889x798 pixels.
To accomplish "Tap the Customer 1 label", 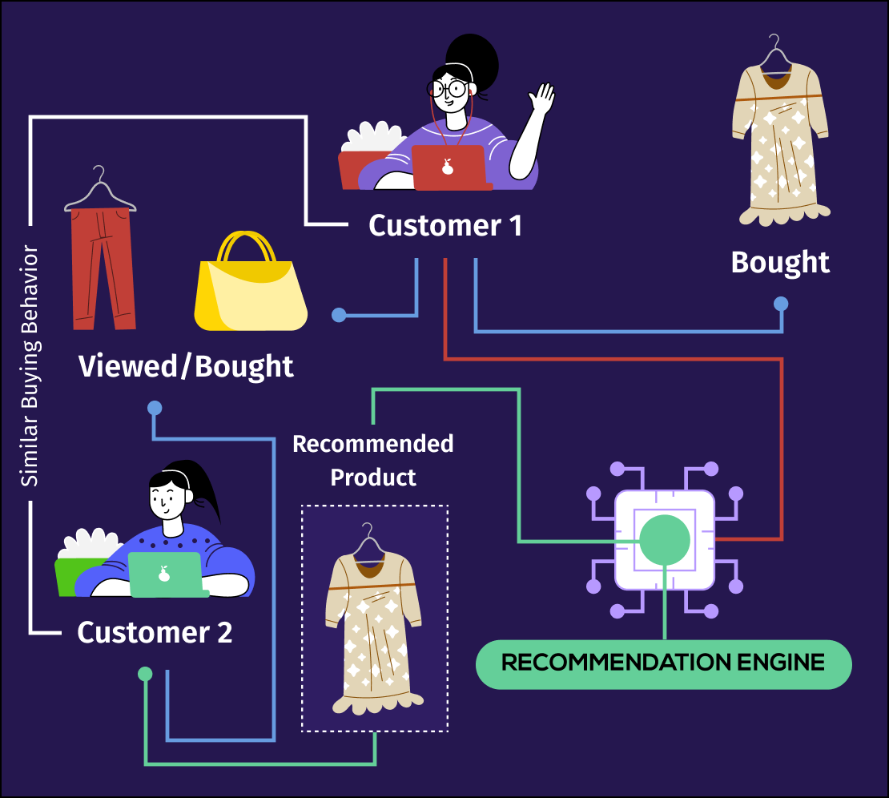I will tap(444, 226).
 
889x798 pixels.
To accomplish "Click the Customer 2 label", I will tap(155, 633).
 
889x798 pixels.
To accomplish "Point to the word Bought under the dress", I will tap(780, 263).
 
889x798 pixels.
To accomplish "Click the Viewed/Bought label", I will tap(186, 367).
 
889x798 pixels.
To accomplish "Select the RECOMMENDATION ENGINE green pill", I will tap(663, 663).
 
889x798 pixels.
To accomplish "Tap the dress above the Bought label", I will tap(780, 144).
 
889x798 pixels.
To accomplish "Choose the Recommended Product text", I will tap(373, 461).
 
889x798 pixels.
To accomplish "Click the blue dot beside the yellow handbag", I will tap(339, 315).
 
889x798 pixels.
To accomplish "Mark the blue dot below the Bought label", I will tap(780, 304).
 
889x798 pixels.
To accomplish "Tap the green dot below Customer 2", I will tap(145, 674).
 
